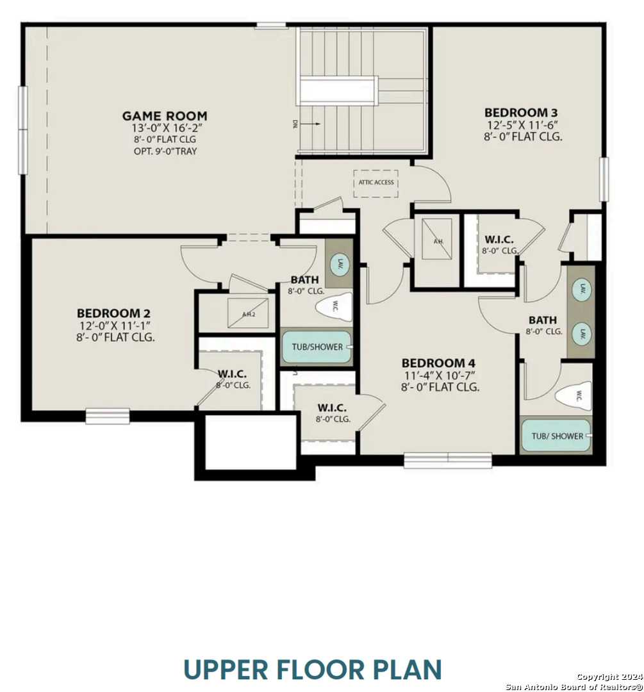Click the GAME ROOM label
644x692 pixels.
(165, 116)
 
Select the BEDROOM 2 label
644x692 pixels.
(113, 313)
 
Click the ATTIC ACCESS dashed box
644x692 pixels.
(376, 183)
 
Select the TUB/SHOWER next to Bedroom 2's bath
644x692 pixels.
(317, 347)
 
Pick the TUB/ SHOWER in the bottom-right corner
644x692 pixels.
(556, 436)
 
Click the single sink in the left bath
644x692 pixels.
(339, 263)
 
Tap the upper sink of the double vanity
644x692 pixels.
(582, 288)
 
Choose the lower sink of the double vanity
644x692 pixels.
(582, 333)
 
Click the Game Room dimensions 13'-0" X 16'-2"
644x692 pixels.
(165, 128)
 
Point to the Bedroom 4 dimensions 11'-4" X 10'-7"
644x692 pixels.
(440, 375)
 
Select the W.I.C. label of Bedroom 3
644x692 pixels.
(499, 240)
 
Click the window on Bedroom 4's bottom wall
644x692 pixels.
(447, 460)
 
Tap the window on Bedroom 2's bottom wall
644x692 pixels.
(108, 416)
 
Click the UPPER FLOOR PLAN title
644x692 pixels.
(313, 668)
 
